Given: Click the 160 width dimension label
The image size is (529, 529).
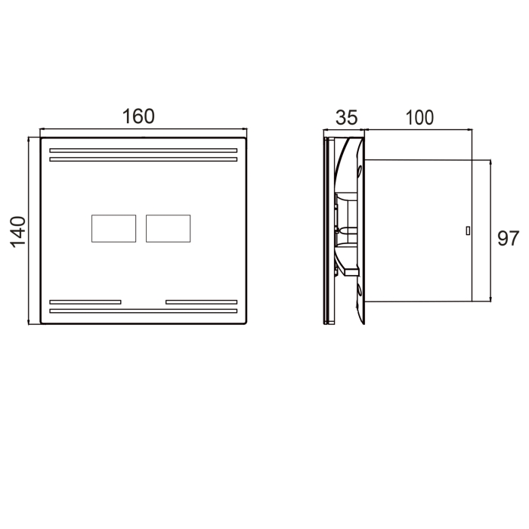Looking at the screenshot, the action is click(x=138, y=116).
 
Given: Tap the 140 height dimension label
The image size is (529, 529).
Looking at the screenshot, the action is click(x=18, y=232).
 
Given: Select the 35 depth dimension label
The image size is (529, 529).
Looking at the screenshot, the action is click(x=346, y=118).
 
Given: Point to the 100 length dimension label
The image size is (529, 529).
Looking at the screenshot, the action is click(x=419, y=118).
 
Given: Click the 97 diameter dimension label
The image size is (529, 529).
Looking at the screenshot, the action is click(x=508, y=239).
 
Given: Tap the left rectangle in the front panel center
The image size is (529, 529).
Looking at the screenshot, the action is click(x=113, y=228).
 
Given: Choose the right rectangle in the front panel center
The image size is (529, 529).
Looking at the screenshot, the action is click(x=168, y=228).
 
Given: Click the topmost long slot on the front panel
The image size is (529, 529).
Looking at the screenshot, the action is click(x=144, y=150).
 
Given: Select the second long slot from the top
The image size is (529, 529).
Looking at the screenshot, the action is click(x=144, y=159).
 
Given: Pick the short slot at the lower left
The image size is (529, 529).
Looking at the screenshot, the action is click(x=85, y=302).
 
